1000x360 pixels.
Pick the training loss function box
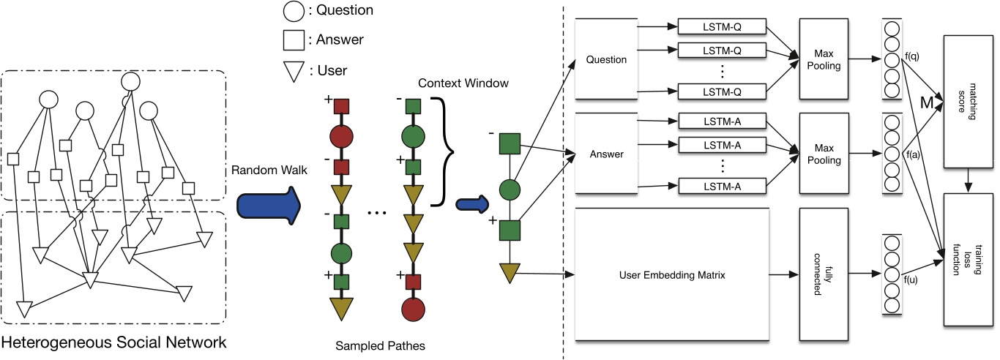(969, 258)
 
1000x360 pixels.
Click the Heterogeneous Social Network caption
(113, 342)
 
